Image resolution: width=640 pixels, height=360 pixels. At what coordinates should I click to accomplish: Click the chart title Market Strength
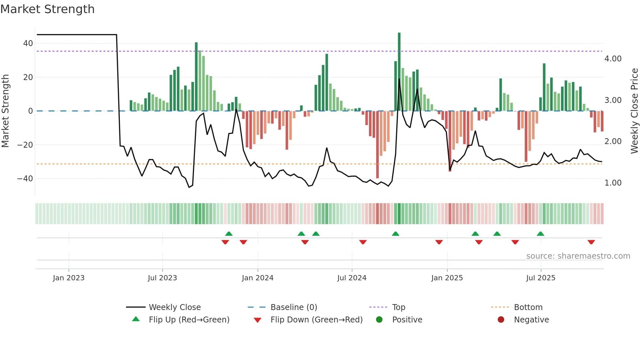(x=48, y=9)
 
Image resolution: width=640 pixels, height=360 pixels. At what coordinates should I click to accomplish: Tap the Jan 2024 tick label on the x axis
(x=258, y=278)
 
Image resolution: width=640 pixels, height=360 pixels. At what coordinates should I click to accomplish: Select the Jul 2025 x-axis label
(x=541, y=278)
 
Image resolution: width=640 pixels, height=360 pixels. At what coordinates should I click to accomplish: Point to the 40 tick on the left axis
(x=28, y=43)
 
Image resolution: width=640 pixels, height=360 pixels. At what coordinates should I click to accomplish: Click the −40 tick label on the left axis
(x=25, y=179)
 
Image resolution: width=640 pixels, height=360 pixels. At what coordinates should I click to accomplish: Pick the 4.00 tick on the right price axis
(x=613, y=59)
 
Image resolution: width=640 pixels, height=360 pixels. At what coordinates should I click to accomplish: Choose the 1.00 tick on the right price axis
(x=613, y=183)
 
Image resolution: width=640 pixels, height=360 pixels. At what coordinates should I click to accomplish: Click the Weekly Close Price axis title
(x=634, y=111)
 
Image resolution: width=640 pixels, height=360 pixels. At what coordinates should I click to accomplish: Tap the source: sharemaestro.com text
(x=578, y=256)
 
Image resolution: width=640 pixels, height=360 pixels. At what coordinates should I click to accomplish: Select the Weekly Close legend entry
(x=175, y=307)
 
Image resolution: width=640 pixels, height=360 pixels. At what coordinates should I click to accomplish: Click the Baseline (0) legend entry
(x=294, y=307)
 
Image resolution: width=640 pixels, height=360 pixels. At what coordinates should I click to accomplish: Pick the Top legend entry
(x=399, y=307)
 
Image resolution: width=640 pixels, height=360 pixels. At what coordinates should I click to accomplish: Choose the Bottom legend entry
(x=528, y=307)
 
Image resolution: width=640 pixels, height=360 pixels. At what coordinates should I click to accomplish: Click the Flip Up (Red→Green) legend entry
(x=189, y=320)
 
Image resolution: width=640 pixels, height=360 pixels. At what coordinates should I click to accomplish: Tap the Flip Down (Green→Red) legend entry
(x=316, y=320)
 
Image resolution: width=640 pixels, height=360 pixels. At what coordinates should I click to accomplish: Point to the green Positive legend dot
(x=379, y=319)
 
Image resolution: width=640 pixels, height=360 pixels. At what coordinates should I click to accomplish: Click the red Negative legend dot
(x=501, y=319)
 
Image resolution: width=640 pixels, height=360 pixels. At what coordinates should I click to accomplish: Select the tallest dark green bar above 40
(x=399, y=72)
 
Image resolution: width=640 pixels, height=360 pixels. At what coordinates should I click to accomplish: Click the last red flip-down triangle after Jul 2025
(x=591, y=242)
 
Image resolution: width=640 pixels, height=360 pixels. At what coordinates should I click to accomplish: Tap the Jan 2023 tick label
(x=69, y=278)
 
